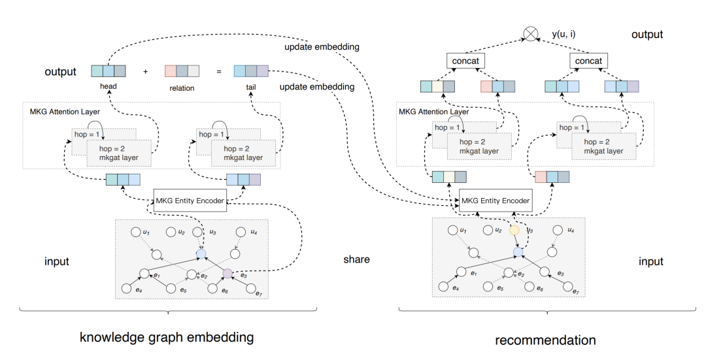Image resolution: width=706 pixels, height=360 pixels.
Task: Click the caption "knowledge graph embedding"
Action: (x=166, y=338)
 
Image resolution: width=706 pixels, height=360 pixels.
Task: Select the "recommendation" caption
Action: (x=545, y=340)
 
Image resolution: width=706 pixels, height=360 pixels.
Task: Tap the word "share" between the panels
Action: (x=356, y=259)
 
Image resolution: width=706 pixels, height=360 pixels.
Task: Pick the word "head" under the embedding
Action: (x=109, y=88)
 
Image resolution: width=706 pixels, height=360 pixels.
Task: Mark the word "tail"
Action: (x=250, y=88)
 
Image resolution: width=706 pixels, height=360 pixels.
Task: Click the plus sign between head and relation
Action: (x=145, y=71)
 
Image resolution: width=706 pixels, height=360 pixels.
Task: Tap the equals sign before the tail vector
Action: (x=218, y=71)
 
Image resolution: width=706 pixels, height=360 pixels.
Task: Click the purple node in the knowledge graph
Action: (x=227, y=273)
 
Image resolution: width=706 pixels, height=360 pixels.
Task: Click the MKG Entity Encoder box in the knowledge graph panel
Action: (x=190, y=200)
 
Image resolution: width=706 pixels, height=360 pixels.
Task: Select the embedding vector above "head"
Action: (x=109, y=71)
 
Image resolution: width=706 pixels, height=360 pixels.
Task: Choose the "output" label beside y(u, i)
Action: (x=647, y=35)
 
